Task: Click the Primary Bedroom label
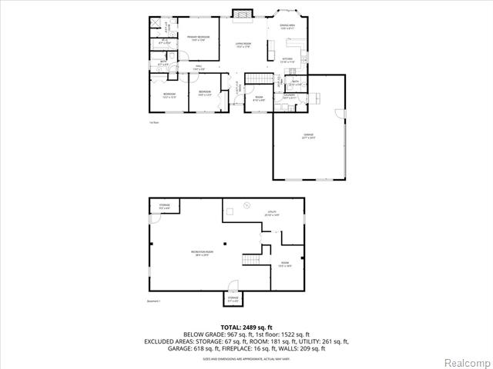pos(198,38)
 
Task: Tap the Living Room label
pos(243,45)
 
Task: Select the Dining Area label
pos(287,27)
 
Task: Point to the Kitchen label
pos(287,60)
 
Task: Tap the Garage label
pos(308,137)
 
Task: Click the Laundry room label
pos(290,97)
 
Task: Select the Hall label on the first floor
pos(198,68)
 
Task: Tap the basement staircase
pos(252,260)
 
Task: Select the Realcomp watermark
pos(465,361)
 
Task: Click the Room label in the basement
pos(285,264)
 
